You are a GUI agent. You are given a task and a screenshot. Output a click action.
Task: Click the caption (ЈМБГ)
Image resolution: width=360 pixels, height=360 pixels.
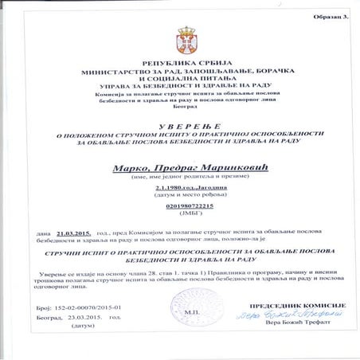(x=180, y=222)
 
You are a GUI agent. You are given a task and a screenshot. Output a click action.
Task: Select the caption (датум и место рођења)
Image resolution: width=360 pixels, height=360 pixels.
(x=180, y=198)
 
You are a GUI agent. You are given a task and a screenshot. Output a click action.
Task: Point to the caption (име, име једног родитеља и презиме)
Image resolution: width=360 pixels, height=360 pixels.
(x=180, y=178)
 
